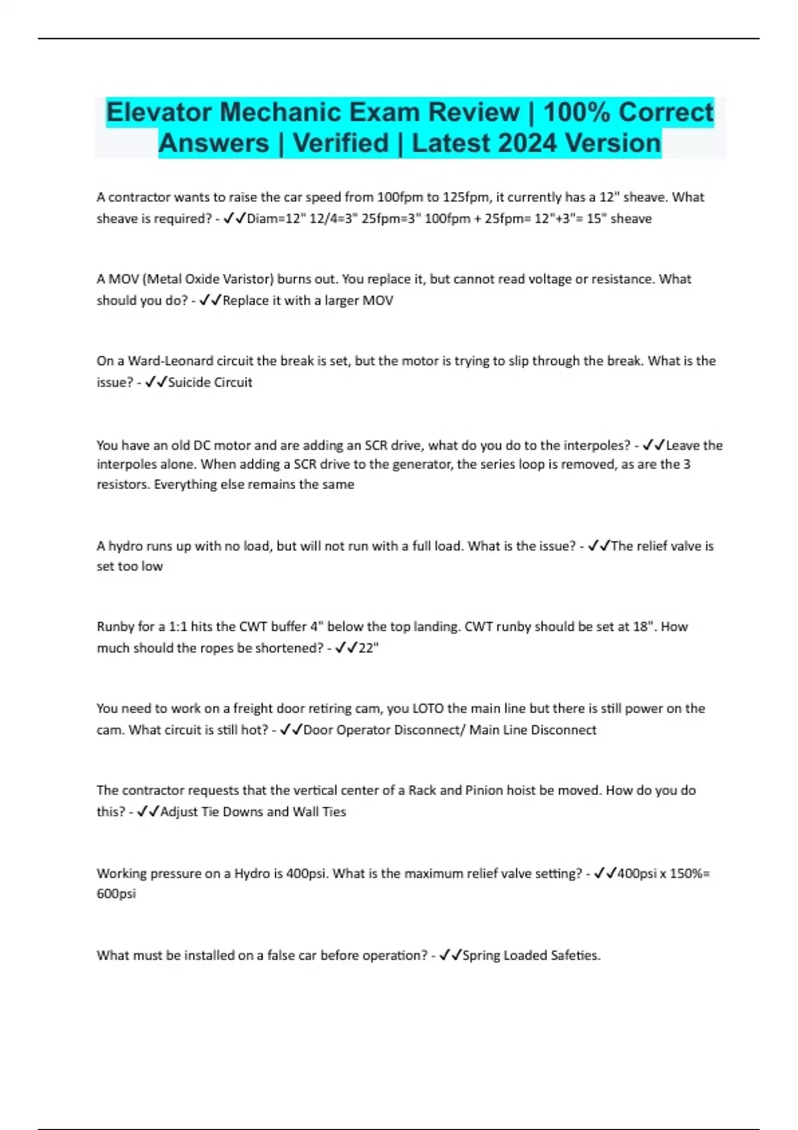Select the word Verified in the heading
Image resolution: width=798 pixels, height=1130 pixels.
click(x=340, y=143)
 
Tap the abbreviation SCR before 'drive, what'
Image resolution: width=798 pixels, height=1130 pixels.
click(x=376, y=445)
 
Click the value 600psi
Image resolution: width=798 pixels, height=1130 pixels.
click(x=116, y=894)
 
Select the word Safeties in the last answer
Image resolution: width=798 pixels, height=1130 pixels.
click(x=576, y=955)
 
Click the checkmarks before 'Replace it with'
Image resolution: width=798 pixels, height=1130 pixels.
click(x=210, y=300)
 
